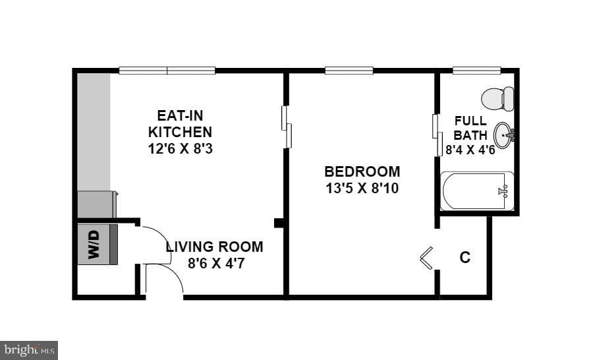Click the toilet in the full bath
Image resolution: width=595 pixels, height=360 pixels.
497,99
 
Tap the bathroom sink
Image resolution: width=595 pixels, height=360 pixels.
504,135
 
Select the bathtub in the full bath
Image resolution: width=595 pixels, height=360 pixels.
477,191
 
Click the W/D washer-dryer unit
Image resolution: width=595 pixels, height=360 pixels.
97,245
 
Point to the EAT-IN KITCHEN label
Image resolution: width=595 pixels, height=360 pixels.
180,123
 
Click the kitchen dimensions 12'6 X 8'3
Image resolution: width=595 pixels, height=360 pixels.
181,148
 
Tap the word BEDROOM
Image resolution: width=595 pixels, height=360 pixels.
362,171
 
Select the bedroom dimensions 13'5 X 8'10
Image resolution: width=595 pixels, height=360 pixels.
362,189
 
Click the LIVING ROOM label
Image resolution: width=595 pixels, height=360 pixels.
214,247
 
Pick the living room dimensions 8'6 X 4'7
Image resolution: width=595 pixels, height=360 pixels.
216,263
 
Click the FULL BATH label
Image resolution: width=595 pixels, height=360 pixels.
470,128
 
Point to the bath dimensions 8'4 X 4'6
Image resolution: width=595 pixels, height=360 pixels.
470,150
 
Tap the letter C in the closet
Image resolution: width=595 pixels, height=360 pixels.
465,257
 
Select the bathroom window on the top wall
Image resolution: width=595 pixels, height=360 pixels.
477,71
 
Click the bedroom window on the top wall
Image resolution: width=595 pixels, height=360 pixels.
349,71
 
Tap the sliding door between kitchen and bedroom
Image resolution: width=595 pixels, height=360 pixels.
286,127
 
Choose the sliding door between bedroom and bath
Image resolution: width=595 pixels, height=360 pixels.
437,135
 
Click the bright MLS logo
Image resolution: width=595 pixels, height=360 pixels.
29,350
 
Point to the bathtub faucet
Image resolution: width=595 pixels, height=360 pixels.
503,191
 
